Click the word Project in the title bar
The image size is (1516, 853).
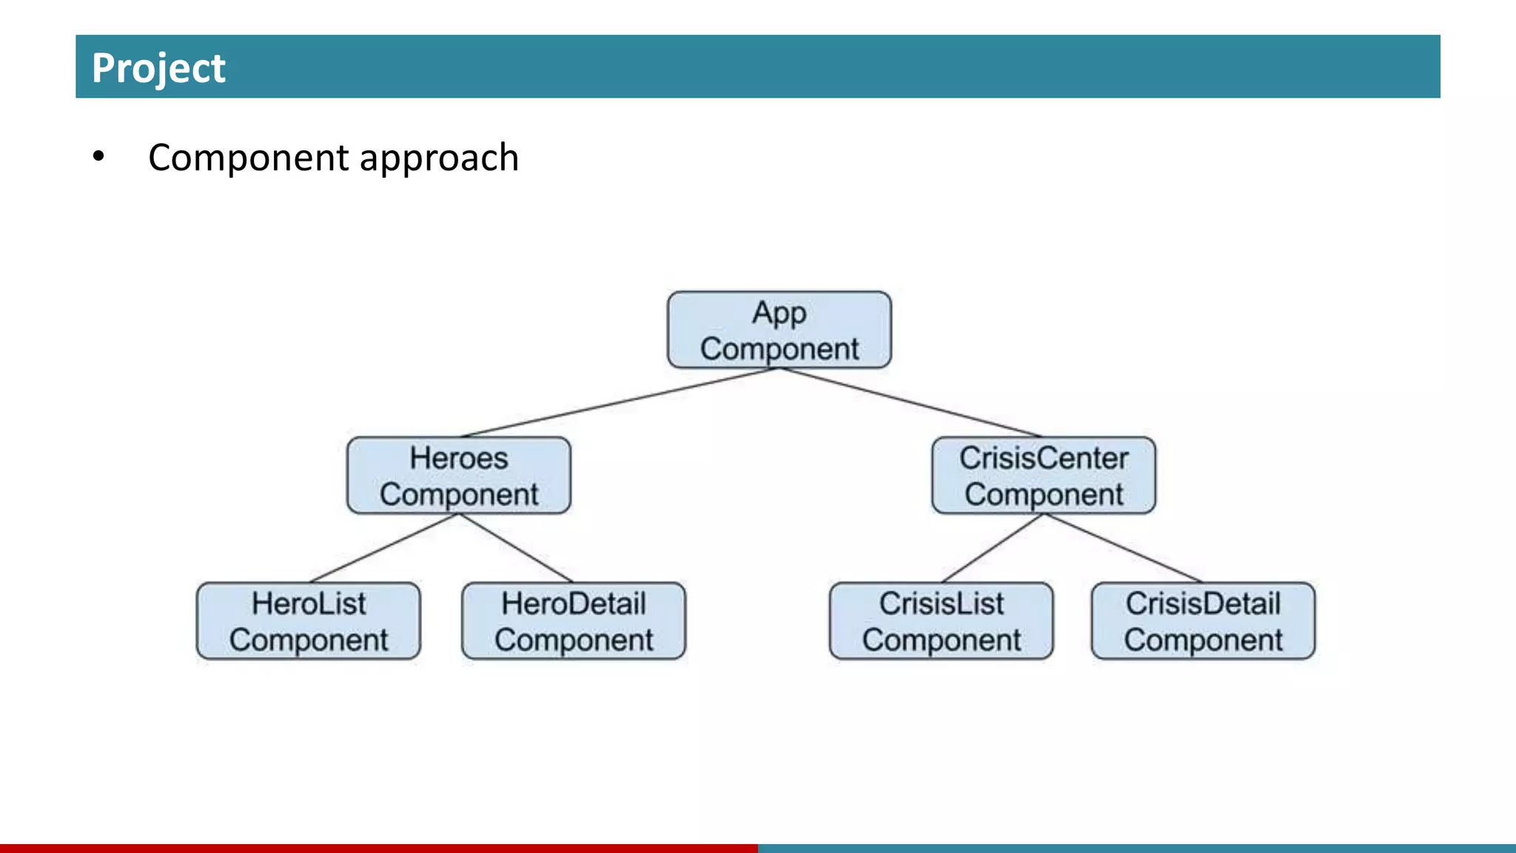pyautogui.click(x=158, y=68)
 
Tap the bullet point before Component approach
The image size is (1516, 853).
pyautogui.click(x=98, y=157)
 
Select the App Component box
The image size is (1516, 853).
pyautogui.click(x=779, y=330)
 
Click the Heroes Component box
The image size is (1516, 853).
pyautogui.click(x=459, y=475)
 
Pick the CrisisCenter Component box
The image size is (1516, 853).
pyautogui.click(x=1044, y=475)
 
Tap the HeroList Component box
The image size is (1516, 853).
pyautogui.click(x=309, y=621)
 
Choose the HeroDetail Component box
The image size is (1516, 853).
pyautogui.click(x=574, y=621)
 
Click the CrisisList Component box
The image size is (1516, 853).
pyautogui.click(x=941, y=621)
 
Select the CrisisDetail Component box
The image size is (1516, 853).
pyautogui.click(x=1203, y=621)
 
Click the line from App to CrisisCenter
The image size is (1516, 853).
pyautogui.click(x=910, y=402)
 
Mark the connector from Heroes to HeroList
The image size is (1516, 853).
pyautogui.click(x=383, y=548)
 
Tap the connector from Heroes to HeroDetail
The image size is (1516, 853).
pyautogui.click(x=516, y=548)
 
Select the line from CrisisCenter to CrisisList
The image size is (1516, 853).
pyautogui.click(x=992, y=548)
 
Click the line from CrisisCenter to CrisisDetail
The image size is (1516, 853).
pyautogui.click(x=1123, y=548)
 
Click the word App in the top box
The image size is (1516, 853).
pyautogui.click(x=779, y=313)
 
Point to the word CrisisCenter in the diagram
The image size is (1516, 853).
pyautogui.click(x=1044, y=458)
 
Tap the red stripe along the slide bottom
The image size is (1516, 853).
pyautogui.click(x=379, y=848)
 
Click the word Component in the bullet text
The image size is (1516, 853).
pyautogui.click(x=248, y=158)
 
